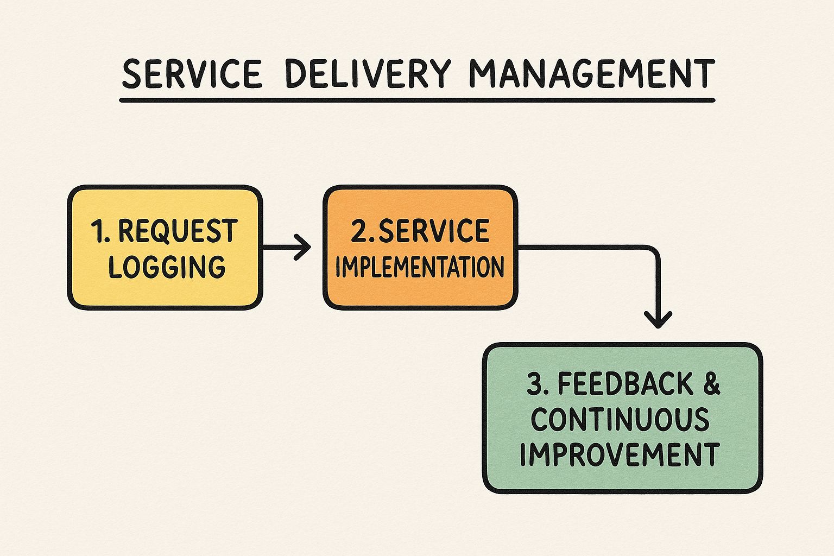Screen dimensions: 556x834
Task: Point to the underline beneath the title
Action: point(417,100)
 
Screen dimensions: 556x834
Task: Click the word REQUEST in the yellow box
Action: point(178,231)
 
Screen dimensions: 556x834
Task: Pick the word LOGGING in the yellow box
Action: point(167,267)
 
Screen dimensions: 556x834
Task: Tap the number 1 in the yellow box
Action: point(98,232)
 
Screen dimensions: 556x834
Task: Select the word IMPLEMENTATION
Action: point(420,267)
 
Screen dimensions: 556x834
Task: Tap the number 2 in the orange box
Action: point(359,231)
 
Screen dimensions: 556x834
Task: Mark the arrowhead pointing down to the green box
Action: point(658,319)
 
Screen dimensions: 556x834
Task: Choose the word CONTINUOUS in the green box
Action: point(620,419)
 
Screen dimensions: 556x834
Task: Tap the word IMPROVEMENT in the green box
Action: point(620,454)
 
